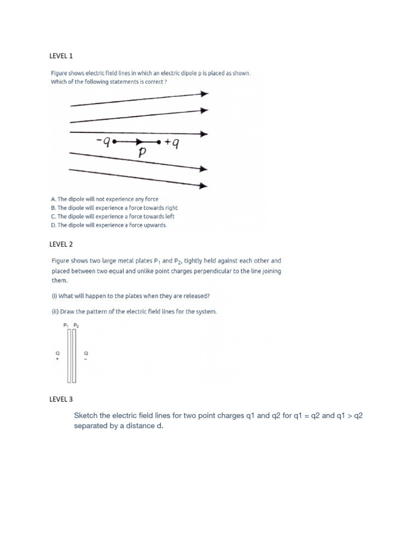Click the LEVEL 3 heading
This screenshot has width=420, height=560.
(61, 400)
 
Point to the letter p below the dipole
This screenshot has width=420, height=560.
(142, 153)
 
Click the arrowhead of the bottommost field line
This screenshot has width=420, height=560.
(205, 186)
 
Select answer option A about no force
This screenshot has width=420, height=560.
(104, 199)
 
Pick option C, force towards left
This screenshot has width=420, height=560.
(113, 217)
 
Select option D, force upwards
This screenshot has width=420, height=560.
(109, 225)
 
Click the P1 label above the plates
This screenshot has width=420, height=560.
(66, 325)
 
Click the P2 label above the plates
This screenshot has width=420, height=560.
(75, 325)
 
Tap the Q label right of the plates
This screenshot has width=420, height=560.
(85, 353)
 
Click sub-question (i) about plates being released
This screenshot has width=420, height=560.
(130, 296)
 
